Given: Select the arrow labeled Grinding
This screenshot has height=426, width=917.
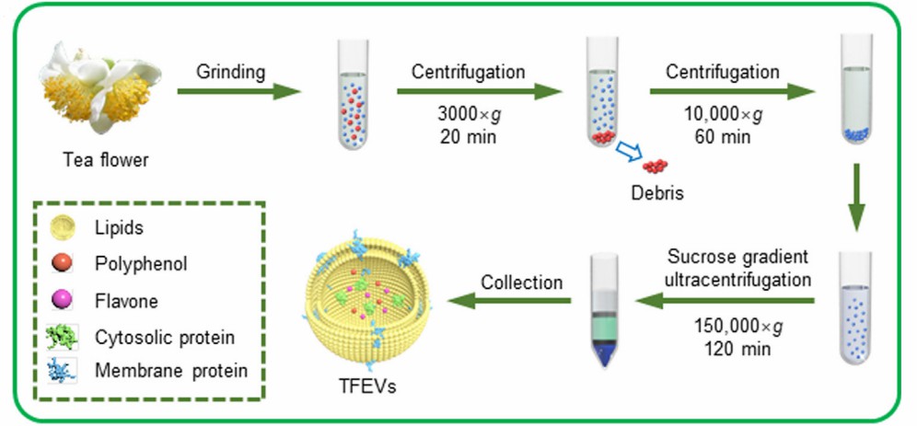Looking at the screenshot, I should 238,91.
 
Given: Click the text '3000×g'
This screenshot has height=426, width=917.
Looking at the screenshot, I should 468,118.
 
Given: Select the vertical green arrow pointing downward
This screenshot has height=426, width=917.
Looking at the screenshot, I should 856,198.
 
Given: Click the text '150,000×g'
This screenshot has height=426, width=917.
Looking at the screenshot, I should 733,328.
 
